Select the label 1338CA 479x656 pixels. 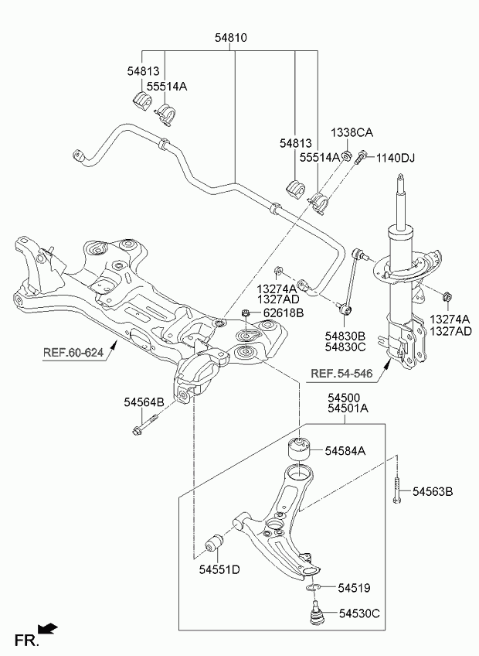coord(352,132)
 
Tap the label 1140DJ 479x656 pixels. coord(396,159)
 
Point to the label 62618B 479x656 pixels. coord(284,313)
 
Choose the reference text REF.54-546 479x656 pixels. coord(341,374)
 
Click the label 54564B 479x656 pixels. coord(144,402)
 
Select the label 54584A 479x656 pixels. coord(345,450)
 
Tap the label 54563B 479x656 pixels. coord(433,492)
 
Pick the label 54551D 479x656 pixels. coord(219,570)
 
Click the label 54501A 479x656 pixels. coord(348,408)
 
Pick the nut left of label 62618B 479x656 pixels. coord(246,313)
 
